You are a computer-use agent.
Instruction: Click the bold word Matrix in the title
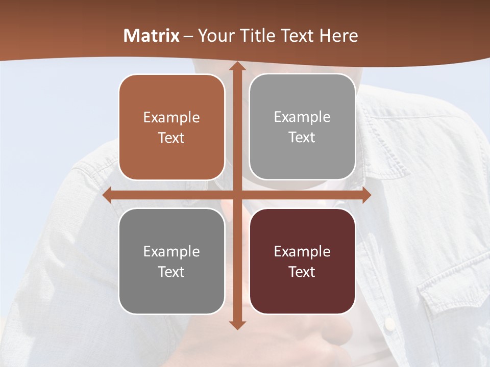pyautogui.click(x=152, y=36)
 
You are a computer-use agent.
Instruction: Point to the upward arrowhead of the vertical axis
pyautogui.click(x=237, y=67)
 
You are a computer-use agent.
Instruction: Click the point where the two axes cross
pyautogui.click(x=237, y=195)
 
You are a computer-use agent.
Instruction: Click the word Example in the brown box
pyautogui.click(x=171, y=118)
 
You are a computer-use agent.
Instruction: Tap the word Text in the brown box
pyautogui.click(x=171, y=138)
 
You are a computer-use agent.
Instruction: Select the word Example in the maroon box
pyautogui.click(x=302, y=251)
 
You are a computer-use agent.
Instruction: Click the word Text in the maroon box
pyautogui.click(x=302, y=272)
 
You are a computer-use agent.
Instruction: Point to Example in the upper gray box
pyautogui.click(x=302, y=117)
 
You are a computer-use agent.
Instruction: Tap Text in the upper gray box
pyautogui.click(x=302, y=138)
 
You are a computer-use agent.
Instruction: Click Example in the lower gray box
pyautogui.click(x=171, y=251)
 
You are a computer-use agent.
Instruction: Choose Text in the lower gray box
pyautogui.click(x=171, y=272)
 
